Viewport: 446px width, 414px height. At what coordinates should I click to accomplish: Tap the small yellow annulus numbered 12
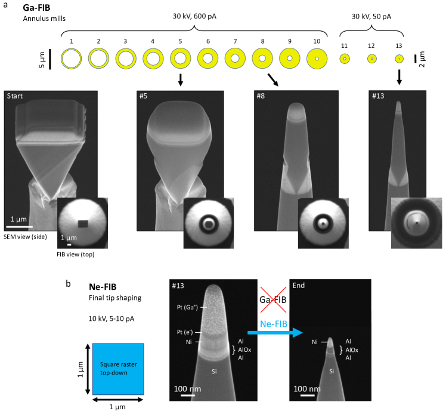[372, 59]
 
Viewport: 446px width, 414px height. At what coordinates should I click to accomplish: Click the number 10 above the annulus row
[317, 41]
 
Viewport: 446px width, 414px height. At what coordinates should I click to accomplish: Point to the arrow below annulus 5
[180, 80]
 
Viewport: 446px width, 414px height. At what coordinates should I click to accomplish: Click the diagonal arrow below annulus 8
[273, 80]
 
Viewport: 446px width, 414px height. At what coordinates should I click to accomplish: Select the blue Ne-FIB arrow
[275, 333]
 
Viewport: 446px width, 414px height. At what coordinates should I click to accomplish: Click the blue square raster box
[118, 369]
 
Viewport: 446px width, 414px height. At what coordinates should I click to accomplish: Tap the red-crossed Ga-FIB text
[272, 300]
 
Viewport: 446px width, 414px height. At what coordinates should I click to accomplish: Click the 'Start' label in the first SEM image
[15, 96]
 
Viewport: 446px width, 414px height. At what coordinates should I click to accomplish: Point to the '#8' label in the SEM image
[261, 96]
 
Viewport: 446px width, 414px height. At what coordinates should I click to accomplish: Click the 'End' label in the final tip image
[299, 286]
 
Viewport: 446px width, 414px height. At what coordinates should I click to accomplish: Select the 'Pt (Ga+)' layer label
[187, 308]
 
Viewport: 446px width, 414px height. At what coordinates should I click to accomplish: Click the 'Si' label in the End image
[332, 371]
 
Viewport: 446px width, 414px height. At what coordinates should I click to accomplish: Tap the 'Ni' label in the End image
[315, 342]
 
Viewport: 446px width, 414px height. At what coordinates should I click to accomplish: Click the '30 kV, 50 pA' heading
[371, 17]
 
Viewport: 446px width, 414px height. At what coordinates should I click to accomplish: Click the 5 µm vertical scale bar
[50, 59]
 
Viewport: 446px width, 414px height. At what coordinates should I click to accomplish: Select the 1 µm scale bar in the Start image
[19, 227]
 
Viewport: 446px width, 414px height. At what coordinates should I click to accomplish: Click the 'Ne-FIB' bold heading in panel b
[103, 287]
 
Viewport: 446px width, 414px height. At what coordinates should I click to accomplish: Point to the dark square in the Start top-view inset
[83, 223]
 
